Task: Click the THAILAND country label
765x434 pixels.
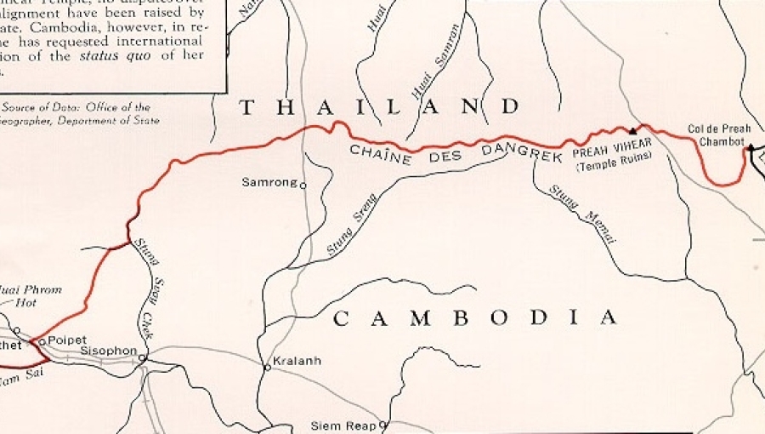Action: [x=379, y=107]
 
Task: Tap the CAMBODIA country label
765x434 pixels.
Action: [x=474, y=318]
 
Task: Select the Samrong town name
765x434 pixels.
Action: [x=269, y=182]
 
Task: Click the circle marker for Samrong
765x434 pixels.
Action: [x=303, y=185]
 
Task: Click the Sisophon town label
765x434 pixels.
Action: [x=107, y=350]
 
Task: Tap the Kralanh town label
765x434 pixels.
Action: [x=297, y=361]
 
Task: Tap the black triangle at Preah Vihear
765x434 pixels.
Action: [x=632, y=132]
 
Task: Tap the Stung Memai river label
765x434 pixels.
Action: [x=583, y=214]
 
